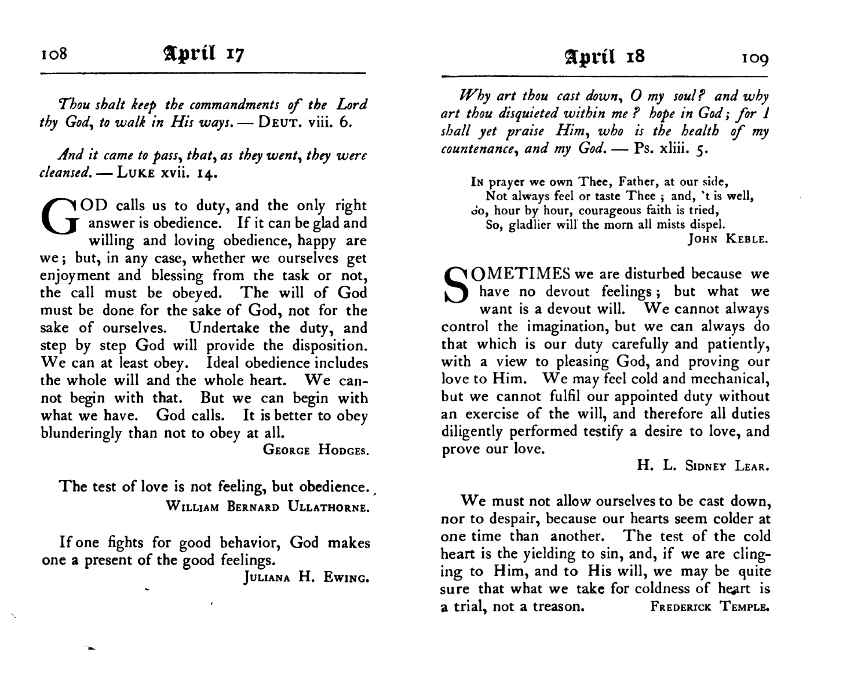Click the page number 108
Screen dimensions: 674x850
coord(54,54)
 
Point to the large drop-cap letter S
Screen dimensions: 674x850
coord(456,285)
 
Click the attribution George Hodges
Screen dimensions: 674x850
coord(315,449)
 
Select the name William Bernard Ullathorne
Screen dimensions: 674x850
coord(267,507)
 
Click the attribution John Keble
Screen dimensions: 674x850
coord(728,239)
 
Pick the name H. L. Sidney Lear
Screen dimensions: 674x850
coord(703,466)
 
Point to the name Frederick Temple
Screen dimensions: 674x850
coord(710,607)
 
